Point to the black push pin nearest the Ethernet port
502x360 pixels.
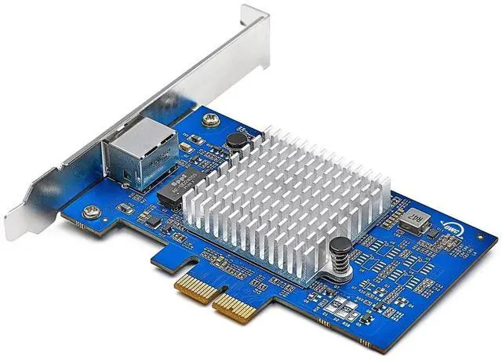[233, 140]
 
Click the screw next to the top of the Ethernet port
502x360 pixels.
[209, 119]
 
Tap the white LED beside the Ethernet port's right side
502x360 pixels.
[184, 146]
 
